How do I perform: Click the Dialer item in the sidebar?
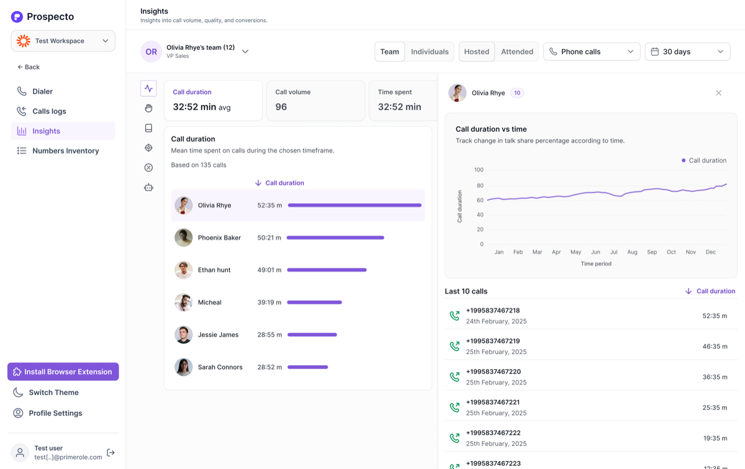click(x=35, y=91)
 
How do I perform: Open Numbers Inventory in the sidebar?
click(x=58, y=151)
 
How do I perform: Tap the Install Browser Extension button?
click(x=63, y=371)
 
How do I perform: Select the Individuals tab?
click(x=430, y=52)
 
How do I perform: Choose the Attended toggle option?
click(x=517, y=52)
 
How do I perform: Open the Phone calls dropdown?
click(x=592, y=52)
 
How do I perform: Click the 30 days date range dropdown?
click(x=687, y=52)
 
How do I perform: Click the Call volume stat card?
click(x=315, y=101)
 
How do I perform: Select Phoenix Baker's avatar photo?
click(x=184, y=237)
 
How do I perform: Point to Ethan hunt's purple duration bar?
click(x=327, y=270)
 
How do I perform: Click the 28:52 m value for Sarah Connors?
click(x=269, y=367)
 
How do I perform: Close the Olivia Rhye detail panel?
click(x=718, y=93)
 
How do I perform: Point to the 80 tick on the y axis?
click(x=480, y=185)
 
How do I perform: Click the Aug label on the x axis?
click(x=632, y=252)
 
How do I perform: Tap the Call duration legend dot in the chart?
click(x=684, y=160)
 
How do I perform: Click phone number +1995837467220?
click(x=493, y=371)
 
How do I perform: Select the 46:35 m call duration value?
click(x=715, y=346)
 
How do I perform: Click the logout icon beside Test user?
click(x=111, y=452)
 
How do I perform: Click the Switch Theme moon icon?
click(x=18, y=392)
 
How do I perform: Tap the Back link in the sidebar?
click(x=29, y=67)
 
